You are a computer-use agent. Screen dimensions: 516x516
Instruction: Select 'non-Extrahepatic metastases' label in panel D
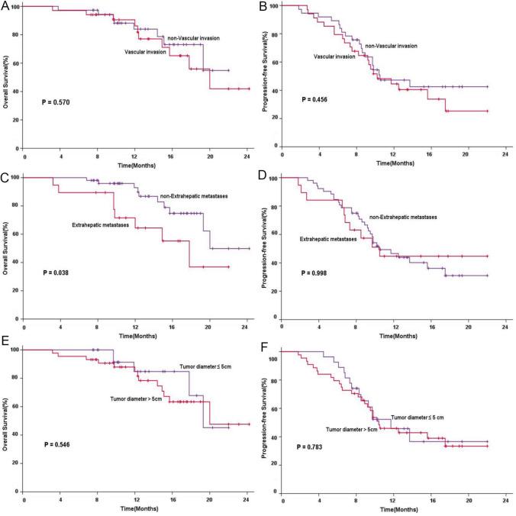pos(402,218)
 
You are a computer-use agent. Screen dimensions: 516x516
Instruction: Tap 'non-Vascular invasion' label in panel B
pos(390,46)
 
